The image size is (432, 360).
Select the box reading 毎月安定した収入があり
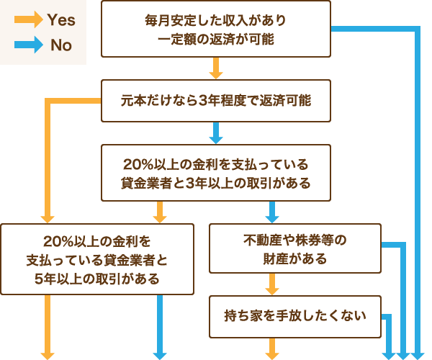(215, 29)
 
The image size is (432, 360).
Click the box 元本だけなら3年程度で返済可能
(215, 100)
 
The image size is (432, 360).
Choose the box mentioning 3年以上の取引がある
(215, 172)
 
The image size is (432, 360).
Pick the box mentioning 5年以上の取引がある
(97, 258)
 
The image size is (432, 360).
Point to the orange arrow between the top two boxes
(215, 68)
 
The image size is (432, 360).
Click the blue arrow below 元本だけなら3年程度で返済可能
(215, 133)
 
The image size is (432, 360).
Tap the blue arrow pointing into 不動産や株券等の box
(272, 212)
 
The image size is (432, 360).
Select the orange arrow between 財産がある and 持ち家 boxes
(272, 284)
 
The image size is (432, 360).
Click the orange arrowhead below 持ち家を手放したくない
(272, 353)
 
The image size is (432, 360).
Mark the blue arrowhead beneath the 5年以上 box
(160, 353)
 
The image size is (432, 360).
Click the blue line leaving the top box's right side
(374, 29)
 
